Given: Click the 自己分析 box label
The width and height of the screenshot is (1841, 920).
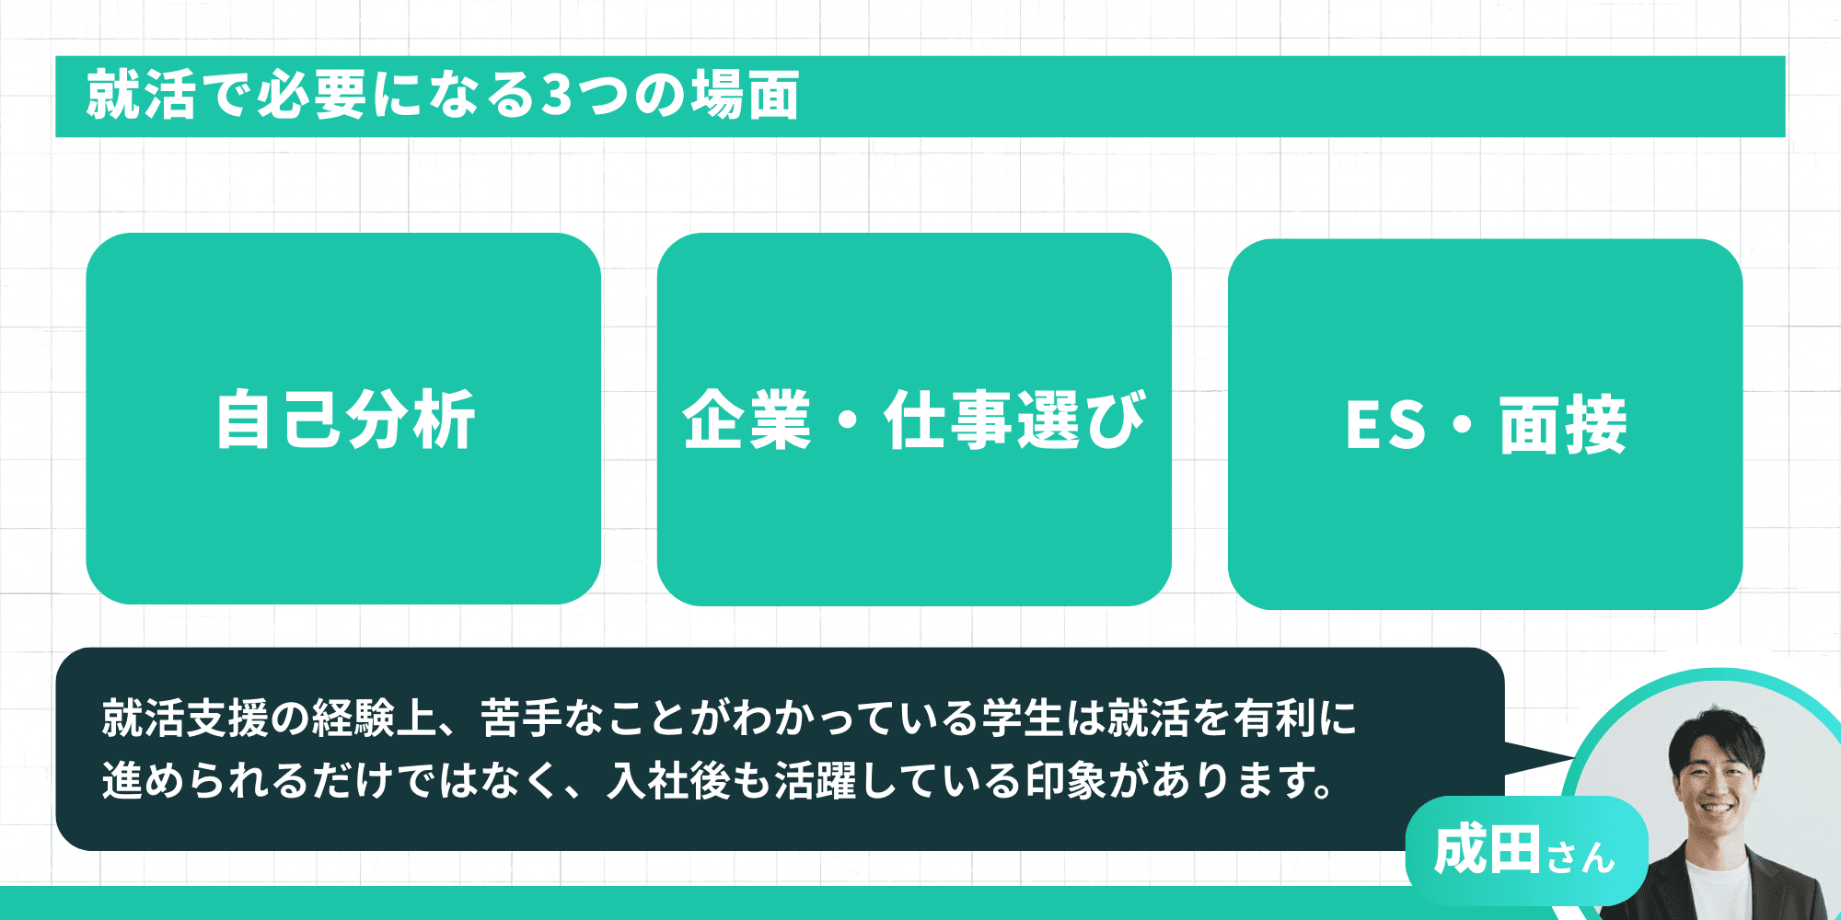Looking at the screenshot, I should [345, 420].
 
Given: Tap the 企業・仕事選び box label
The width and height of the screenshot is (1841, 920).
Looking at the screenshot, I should [914, 420].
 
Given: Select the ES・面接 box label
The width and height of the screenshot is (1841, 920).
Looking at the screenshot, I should [1486, 425].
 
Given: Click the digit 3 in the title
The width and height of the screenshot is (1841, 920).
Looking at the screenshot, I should [556, 95].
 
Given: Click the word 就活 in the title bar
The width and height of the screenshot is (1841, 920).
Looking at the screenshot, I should [141, 95].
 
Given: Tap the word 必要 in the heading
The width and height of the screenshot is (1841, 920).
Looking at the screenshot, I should [312, 95].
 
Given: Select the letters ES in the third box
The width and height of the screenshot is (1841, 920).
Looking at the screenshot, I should [1385, 425].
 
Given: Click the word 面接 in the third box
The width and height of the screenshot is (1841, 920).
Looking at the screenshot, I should [1563, 425].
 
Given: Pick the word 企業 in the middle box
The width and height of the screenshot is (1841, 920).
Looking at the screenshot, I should [747, 420].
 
